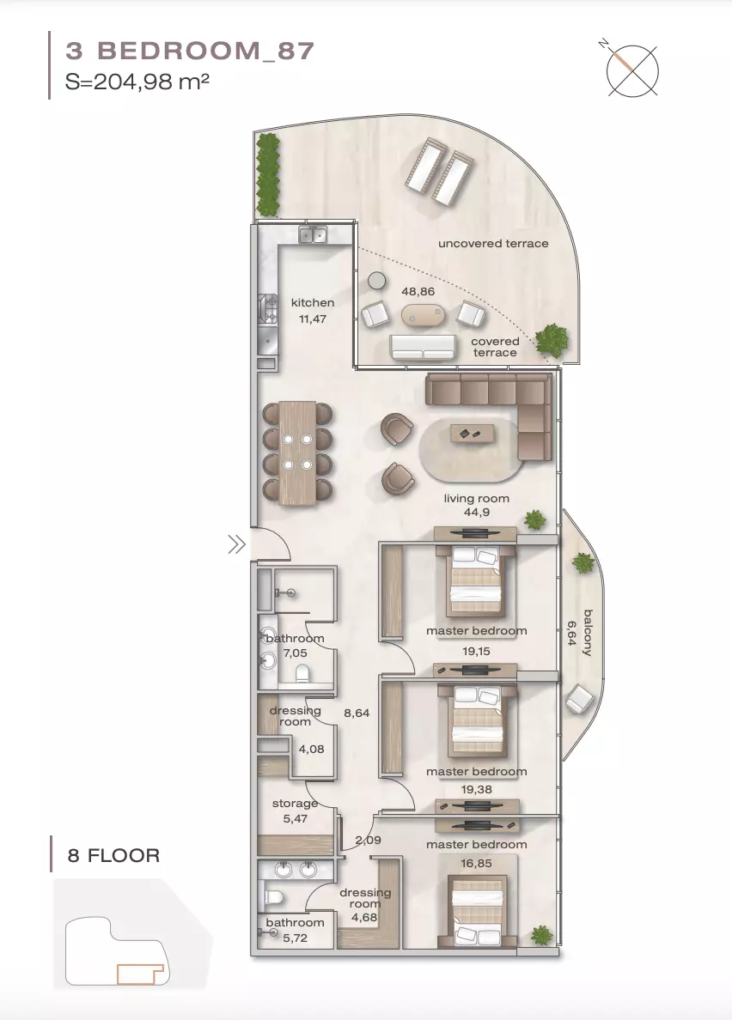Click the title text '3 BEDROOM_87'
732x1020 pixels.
tap(190, 51)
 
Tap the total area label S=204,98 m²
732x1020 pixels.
tap(137, 82)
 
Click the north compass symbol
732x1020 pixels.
tap(630, 70)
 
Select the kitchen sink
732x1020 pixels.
tap(313, 234)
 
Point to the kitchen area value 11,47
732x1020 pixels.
tap(313, 319)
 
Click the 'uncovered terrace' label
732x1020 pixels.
tap(493, 243)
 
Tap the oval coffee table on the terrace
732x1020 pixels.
tap(423, 315)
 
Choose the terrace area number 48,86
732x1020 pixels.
tap(418, 291)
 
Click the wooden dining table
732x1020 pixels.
tap(297, 452)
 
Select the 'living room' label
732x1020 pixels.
tap(476, 498)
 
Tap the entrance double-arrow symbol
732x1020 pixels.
tap(236, 543)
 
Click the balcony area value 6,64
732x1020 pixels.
tap(571, 633)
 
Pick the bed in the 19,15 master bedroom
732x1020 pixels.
tap(476, 581)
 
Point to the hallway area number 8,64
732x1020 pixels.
tap(357, 713)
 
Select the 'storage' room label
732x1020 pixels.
tap(295, 804)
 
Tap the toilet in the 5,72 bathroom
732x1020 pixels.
tap(272, 898)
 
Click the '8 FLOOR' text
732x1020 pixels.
tap(114, 855)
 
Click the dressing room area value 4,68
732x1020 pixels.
tap(364, 918)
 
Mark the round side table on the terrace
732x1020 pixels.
tap(376, 281)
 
